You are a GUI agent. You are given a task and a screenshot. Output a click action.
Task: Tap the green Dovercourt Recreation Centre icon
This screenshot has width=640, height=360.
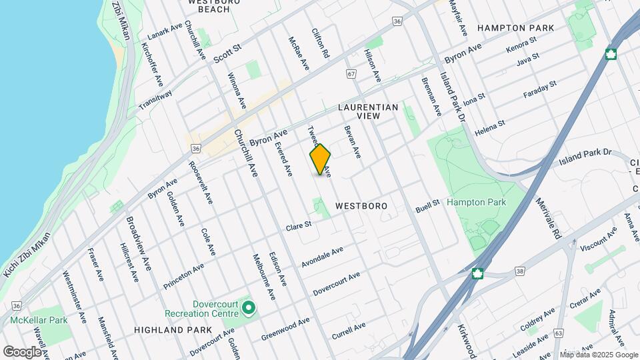coord(249,308)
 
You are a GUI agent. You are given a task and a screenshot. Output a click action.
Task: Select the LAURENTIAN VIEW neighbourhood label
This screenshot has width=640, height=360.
coord(368,111)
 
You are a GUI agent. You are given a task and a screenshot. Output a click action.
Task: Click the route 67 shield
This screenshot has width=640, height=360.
coord(351,74)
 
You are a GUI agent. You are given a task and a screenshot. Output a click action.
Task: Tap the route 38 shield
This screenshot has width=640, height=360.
coord(519,271)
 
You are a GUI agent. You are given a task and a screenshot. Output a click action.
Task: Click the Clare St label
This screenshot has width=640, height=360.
coord(299,226)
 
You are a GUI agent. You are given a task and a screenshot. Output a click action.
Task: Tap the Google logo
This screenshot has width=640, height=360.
coord(22,351)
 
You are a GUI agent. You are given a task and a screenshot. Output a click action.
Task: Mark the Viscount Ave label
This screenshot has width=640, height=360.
coord(598,241)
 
